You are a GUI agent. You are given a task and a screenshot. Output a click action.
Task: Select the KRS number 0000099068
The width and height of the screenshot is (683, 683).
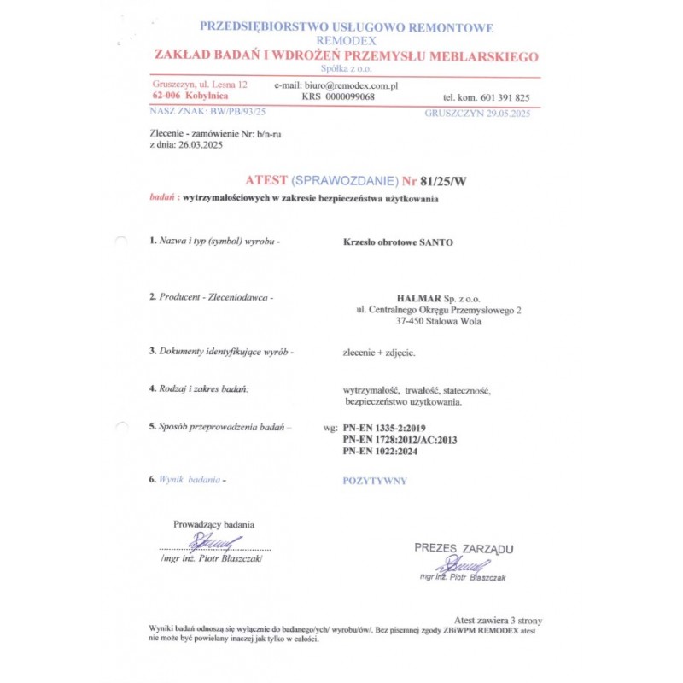pos(351,97)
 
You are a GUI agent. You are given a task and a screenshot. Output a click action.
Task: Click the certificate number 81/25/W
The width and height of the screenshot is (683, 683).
pos(438,180)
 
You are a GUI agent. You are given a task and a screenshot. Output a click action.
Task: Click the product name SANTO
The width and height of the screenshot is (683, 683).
pos(435,242)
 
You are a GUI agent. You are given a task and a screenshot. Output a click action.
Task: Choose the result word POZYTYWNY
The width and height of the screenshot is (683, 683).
pos(375,481)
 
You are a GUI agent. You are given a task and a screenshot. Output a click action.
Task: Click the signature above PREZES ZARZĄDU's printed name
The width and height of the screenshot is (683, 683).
pos(462,564)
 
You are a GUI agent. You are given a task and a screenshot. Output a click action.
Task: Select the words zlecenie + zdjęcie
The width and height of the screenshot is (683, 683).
pos(379,352)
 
